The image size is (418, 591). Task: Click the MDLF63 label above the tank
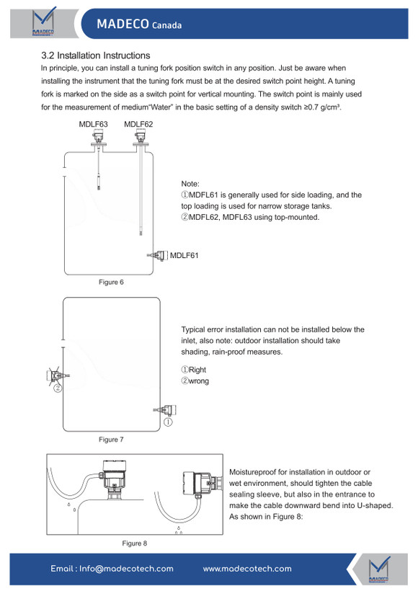pyautogui.click(x=93, y=124)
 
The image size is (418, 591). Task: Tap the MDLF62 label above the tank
pyautogui.click(x=138, y=124)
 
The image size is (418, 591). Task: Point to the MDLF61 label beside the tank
pyautogui.click(x=184, y=255)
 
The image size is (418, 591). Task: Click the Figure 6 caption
pyautogui.click(x=111, y=282)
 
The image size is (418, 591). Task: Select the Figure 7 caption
pyautogui.click(x=111, y=439)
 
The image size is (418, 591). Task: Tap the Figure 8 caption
pyautogui.click(x=135, y=543)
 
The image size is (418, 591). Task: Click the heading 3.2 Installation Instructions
pyautogui.click(x=96, y=55)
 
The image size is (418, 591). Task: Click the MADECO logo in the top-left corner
pyautogui.click(x=44, y=22)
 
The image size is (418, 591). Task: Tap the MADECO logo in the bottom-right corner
pyautogui.click(x=379, y=569)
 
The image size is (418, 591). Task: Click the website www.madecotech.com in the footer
pyautogui.click(x=247, y=569)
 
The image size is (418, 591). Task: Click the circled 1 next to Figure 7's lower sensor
pyautogui.click(x=168, y=422)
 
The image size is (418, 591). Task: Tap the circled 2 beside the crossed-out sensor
pyautogui.click(x=58, y=388)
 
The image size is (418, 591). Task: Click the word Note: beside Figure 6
pyautogui.click(x=190, y=184)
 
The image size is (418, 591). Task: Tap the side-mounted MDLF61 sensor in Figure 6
pyautogui.click(x=158, y=256)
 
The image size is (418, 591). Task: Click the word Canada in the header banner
pyautogui.click(x=166, y=25)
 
